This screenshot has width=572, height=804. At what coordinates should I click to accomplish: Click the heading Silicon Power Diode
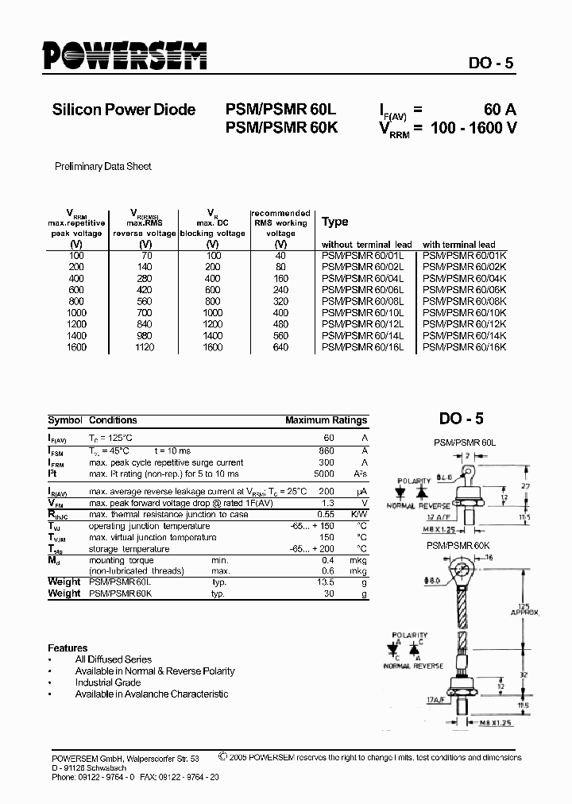tap(123, 110)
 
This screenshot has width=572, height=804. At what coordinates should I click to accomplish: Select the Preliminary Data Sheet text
tap(102, 167)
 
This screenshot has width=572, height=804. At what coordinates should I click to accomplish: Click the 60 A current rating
tap(500, 110)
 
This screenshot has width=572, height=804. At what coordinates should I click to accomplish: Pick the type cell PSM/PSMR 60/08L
tap(362, 301)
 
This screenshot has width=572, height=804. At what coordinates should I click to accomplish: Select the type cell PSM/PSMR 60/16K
tap(464, 347)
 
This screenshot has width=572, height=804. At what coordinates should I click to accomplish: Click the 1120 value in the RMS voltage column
tap(145, 347)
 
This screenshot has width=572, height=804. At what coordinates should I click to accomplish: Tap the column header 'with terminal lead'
tap(458, 245)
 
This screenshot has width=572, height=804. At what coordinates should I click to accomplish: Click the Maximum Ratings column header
tap(326, 420)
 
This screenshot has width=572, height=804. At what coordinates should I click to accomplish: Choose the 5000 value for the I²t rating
tap(323, 474)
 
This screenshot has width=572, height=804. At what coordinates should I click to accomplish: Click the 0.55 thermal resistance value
tap(326, 514)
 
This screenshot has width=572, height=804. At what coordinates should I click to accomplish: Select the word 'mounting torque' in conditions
tap(119, 559)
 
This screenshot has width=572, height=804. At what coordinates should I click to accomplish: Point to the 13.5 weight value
tap(325, 582)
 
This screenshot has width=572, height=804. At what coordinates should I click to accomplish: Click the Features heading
tap(68, 647)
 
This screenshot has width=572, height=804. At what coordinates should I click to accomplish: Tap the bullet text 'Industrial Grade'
tap(108, 682)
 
